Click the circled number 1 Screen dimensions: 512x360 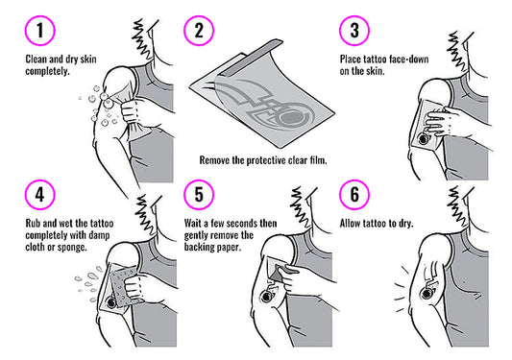click(x=39, y=31)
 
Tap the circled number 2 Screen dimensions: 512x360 click(x=199, y=31)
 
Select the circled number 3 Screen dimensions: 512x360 click(x=354, y=31)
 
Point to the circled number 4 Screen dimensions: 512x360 click(x=39, y=195)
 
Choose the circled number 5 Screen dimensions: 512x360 click(x=199, y=195)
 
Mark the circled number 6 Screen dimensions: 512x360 click(x=354, y=195)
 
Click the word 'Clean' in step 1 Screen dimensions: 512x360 click(x=37, y=60)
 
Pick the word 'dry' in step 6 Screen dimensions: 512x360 click(x=406, y=224)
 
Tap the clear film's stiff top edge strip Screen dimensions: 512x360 click(x=252, y=57)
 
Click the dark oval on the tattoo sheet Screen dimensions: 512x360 click(x=292, y=119)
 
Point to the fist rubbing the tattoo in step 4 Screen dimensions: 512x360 click(x=134, y=287)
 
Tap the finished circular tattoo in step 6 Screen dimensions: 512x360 click(x=427, y=294)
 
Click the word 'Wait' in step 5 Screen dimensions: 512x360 click(x=193, y=224)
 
